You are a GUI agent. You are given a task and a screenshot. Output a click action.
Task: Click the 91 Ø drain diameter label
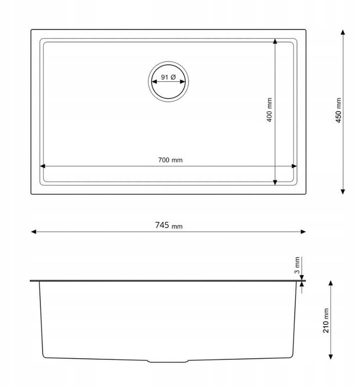point(168,77)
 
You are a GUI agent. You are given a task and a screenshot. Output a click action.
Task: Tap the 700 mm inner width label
point(170,160)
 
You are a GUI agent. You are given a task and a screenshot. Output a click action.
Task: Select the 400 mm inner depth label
point(269,110)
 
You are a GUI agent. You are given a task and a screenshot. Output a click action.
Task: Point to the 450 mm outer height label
point(338,110)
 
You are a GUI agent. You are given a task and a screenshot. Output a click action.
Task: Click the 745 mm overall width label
point(169,225)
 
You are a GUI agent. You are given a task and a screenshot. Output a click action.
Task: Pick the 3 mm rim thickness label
point(297,265)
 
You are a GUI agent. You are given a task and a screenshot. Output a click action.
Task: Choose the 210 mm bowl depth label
point(326,321)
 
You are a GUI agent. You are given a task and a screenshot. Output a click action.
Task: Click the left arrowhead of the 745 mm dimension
point(34,231)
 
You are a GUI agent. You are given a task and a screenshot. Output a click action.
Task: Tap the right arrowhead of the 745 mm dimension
point(303,231)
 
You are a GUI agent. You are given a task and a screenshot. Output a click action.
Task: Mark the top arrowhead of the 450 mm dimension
point(342,32)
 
